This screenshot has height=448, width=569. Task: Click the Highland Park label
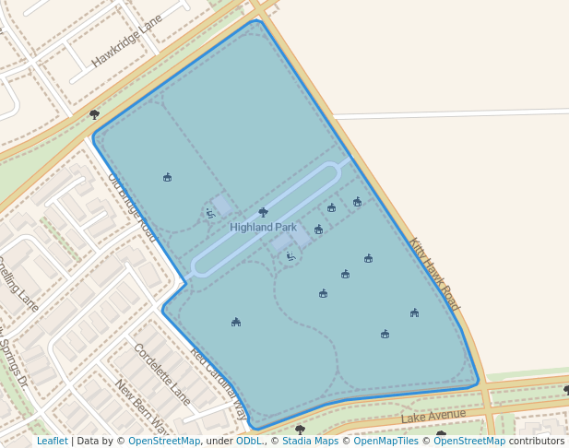tap(263, 227)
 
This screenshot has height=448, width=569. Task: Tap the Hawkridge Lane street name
tap(126, 41)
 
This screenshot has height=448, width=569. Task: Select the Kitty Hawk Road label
tap(434, 274)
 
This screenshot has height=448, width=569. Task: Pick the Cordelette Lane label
tap(162, 374)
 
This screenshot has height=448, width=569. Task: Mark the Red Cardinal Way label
tap(219, 383)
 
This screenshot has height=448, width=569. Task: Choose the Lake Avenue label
tap(433, 418)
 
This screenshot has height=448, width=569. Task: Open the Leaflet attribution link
tap(52, 441)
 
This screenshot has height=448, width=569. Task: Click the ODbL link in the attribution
tap(249, 441)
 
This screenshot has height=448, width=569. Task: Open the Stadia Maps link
tap(310, 441)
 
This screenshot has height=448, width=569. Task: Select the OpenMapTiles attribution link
tap(384, 441)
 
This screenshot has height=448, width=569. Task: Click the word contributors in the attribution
tap(536, 441)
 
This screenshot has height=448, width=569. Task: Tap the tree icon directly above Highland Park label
tap(264, 212)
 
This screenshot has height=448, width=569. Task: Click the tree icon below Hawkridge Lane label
tap(94, 114)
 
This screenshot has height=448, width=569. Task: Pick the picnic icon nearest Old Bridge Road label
tap(167, 177)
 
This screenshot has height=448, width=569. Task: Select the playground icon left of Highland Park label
tap(210, 213)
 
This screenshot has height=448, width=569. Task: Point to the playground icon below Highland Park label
tap(290, 256)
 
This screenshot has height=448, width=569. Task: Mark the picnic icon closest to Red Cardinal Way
tap(236, 322)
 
